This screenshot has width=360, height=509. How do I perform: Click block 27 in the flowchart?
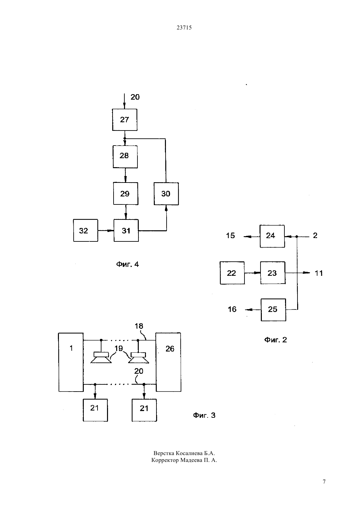125,120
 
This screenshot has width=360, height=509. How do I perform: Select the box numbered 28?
125,157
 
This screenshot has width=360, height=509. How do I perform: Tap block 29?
126,194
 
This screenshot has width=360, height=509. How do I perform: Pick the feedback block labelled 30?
166,194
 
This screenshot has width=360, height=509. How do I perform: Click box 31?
126,230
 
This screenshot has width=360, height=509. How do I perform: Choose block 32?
86,230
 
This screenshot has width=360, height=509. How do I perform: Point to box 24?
272,236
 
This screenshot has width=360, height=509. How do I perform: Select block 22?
232,273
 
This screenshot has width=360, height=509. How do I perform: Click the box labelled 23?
273,273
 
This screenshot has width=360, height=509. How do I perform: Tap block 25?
273,310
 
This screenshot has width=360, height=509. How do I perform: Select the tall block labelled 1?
71,362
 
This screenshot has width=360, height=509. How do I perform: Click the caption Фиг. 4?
128,264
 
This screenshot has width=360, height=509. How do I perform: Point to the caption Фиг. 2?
276,340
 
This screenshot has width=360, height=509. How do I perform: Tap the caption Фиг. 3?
204,415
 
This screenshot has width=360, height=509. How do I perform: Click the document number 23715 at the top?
184,27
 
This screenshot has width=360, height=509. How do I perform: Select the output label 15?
230,236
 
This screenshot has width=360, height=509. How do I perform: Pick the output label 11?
319,273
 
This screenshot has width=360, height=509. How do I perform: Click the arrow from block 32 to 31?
106,231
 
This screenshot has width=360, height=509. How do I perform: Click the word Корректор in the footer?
165,460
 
